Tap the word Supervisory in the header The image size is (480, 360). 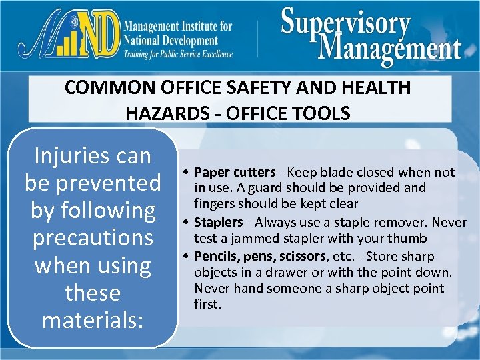(345, 23)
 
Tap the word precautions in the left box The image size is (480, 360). (93, 237)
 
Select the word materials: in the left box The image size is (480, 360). (93, 319)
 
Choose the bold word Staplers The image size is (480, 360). (218, 222)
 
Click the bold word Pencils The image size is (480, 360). (213, 256)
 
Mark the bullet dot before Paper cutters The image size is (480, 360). (189, 173)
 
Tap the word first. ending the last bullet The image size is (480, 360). (207, 304)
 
